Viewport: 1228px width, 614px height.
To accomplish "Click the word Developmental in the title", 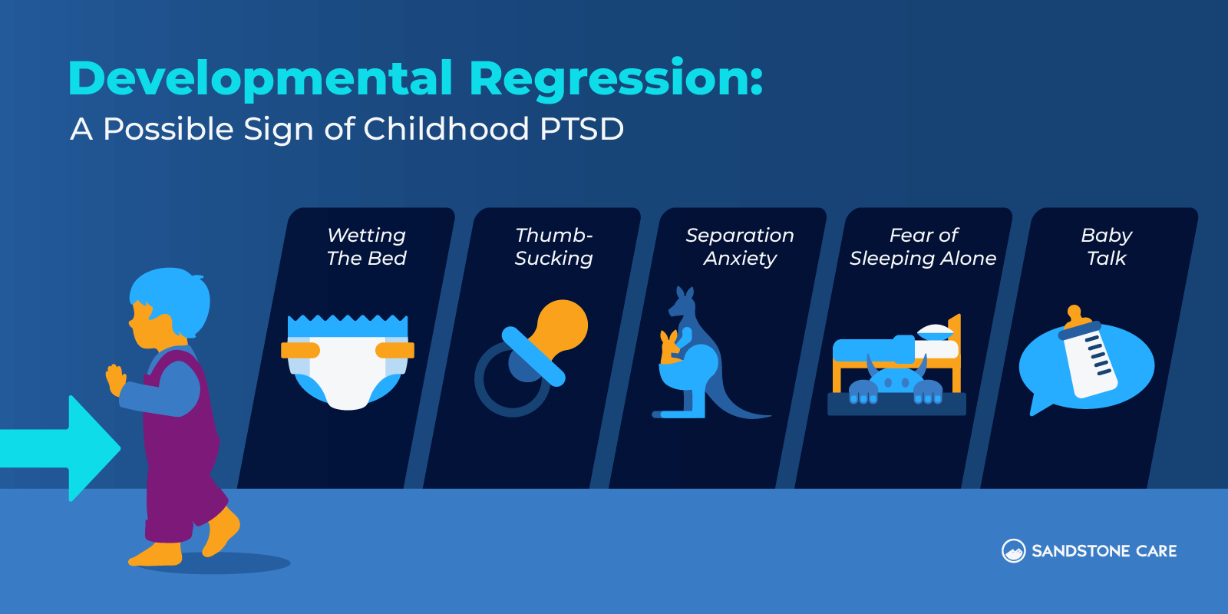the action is (260, 80).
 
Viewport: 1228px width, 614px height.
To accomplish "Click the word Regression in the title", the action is (616, 80).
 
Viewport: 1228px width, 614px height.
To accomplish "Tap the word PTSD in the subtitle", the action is (581, 130).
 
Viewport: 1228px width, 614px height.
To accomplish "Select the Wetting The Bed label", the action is (366, 246).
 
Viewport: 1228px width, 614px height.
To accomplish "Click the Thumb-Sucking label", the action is (553, 246).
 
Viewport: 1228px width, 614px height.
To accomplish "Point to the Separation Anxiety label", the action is (740, 246).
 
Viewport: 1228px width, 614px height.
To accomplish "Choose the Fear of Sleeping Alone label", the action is (923, 246).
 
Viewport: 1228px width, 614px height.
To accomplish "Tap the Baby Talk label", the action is (1106, 246).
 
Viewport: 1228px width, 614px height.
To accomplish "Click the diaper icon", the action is (348, 361).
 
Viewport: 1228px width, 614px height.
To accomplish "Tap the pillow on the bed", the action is (936, 332).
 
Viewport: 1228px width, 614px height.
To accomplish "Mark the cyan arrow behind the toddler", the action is (61, 448).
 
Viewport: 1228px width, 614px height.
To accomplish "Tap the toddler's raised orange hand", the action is (115, 379).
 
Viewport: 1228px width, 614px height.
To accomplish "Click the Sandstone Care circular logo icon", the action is (1014, 550).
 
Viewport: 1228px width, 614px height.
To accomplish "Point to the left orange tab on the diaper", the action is (300, 350).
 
